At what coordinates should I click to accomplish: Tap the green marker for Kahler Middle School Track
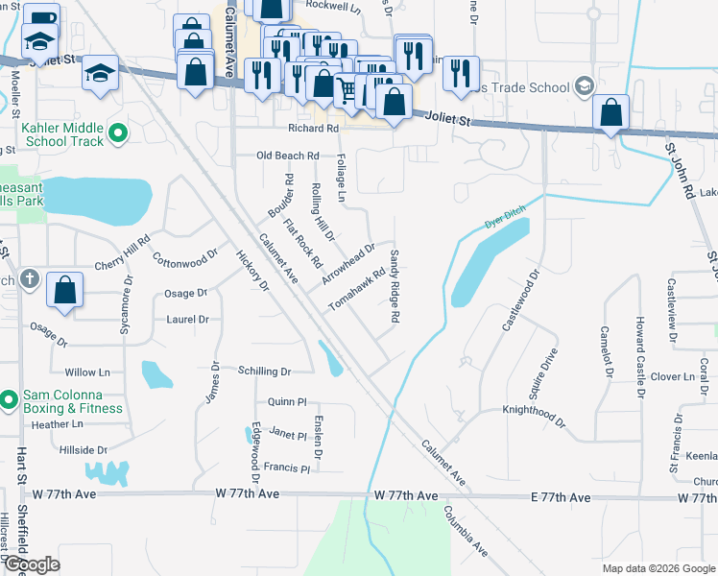[x=118, y=133]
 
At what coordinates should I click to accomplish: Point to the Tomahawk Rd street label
[x=357, y=288]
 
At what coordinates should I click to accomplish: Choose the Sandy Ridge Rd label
[x=395, y=285]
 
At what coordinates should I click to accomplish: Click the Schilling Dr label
[x=264, y=371]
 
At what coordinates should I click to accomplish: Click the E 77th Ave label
[x=562, y=497]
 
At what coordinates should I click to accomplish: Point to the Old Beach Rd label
[x=287, y=156]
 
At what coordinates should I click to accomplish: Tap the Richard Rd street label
[x=313, y=128]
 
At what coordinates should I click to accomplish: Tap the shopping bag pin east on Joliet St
[x=610, y=113]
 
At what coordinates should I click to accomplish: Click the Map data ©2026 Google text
[x=657, y=568]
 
